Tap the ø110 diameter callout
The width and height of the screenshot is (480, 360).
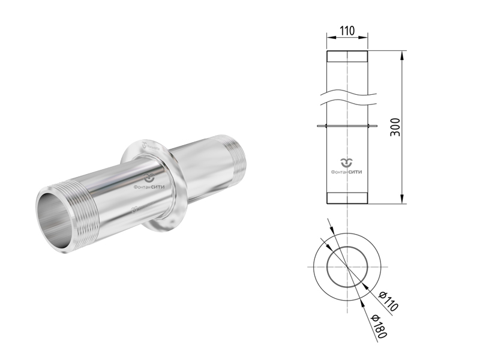coord(389,300)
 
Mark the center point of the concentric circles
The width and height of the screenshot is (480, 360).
coord(347,266)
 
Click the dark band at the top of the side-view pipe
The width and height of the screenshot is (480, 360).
coord(347,56)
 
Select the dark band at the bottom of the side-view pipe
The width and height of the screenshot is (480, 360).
coord(347,198)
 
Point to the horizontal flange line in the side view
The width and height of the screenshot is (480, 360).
coord(347,126)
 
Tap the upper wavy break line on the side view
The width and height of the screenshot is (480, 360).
coord(347,90)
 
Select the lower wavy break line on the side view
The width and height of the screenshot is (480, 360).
coord(347,99)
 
